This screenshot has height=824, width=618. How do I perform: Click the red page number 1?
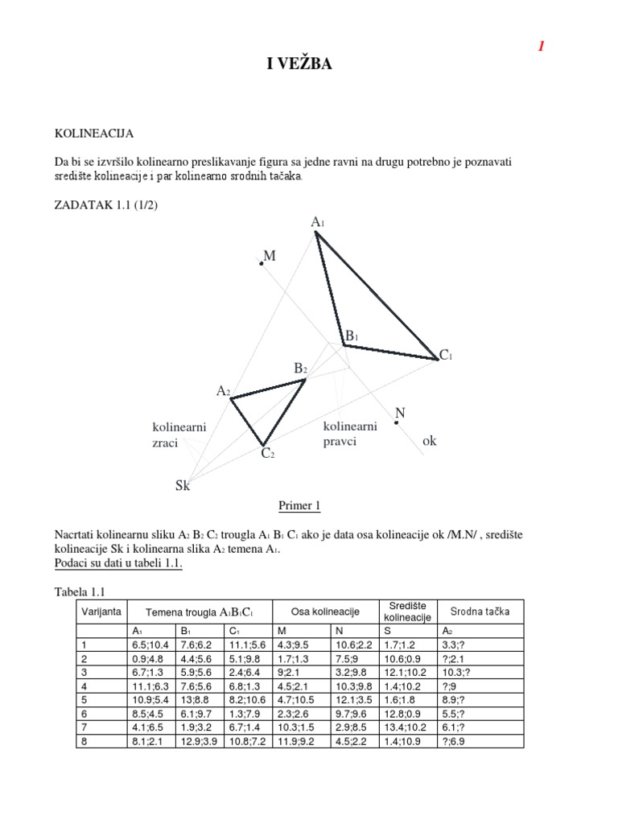tap(542, 47)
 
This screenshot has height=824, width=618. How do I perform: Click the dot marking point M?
tap(262, 262)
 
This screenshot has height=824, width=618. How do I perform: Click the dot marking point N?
tap(397, 422)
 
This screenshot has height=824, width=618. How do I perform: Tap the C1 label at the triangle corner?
tap(446, 355)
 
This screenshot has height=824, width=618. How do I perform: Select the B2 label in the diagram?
tap(301, 369)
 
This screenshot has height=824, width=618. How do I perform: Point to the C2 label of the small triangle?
tap(268, 455)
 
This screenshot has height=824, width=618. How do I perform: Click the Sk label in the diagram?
tap(183, 485)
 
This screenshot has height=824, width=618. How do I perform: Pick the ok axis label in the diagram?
tap(430, 442)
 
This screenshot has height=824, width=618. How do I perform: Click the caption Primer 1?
tap(299, 506)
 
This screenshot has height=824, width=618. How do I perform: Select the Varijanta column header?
tap(101, 612)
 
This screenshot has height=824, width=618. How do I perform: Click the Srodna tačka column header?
tap(480, 612)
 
